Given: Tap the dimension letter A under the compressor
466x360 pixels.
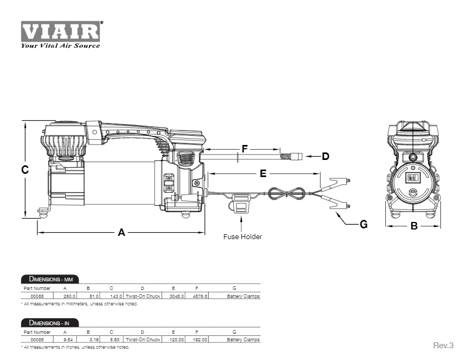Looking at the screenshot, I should click(121, 233).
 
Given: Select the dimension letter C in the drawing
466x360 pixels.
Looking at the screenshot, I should click(25, 170).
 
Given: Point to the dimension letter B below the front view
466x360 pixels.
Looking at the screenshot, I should click(414, 226).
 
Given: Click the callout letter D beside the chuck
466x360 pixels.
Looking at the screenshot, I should click(325, 157).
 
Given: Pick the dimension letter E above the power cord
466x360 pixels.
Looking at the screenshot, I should click(263, 173).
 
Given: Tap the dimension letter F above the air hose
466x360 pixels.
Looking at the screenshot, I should click(245, 149).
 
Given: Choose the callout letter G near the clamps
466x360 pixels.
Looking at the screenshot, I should click(363, 225).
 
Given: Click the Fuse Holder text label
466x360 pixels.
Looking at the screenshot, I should click(242, 236).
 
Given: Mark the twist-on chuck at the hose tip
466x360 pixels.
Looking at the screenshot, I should click(293, 157).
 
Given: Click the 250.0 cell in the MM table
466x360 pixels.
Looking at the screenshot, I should click(70, 295).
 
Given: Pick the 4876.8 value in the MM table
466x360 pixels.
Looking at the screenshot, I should click(200, 295).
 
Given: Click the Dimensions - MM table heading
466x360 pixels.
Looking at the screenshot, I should click(50, 279).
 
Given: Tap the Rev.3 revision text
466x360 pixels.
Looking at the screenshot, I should click(443, 346).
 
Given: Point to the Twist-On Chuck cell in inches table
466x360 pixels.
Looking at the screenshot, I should click(142, 340).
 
